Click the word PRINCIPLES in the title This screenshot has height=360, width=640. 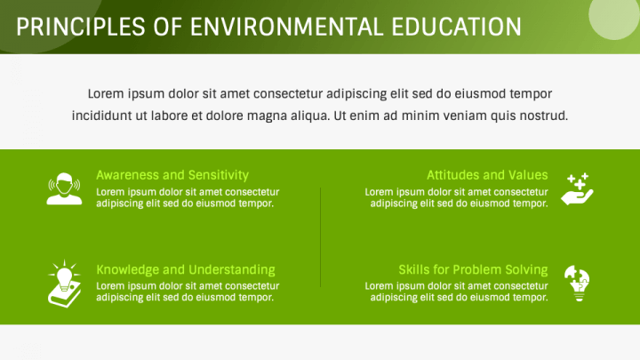coord(81,27)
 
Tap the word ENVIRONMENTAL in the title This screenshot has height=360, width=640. coord(286,27)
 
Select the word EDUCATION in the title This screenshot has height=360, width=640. coord(456,27)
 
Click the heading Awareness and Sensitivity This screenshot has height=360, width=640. coord(172,175)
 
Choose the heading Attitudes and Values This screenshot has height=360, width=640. coord(487,175)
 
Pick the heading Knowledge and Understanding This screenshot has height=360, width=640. coord(186,270)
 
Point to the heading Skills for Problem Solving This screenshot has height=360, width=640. coord(473,270)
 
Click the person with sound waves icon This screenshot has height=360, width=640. coord(64,188)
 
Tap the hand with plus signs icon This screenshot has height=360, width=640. coord(577,188)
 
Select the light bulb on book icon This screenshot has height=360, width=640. coord(64,284)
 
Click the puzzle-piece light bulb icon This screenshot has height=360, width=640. coord(577,284)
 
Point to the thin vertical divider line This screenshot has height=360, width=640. coord(320,237)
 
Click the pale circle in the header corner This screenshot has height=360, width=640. coord(614,17)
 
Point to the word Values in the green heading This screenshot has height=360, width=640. coord(529,175)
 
